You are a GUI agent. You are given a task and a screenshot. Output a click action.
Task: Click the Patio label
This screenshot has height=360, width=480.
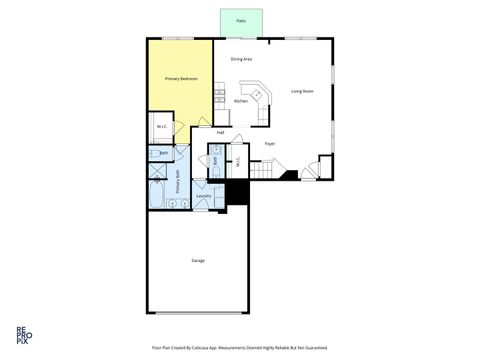click(242, 20)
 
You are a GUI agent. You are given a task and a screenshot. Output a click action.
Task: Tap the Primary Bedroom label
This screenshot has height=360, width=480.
click(181, 78)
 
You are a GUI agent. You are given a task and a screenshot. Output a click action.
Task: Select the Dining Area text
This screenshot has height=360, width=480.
click(241, 59)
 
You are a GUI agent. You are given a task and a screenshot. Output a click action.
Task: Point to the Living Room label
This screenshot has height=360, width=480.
click(302, 92)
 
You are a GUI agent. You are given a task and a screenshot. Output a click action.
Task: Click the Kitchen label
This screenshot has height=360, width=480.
click(241, 101)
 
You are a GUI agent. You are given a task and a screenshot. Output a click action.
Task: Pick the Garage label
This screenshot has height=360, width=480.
click(198, 260)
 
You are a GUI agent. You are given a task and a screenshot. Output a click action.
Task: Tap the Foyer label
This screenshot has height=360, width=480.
click(270, 144)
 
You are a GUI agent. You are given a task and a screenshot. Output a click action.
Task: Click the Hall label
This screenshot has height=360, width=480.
click(220, 132)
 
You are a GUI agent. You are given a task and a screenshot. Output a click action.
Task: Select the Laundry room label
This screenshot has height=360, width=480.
click(203, 196)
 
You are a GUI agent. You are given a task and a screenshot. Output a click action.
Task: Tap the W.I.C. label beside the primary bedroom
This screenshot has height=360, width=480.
click(162, 126)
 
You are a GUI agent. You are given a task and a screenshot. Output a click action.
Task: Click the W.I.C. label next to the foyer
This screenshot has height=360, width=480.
click(237, 160)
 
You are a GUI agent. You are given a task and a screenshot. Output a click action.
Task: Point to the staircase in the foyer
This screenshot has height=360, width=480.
click(262, 171)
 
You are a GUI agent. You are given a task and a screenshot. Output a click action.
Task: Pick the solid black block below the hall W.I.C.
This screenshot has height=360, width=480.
click(236, 192)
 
